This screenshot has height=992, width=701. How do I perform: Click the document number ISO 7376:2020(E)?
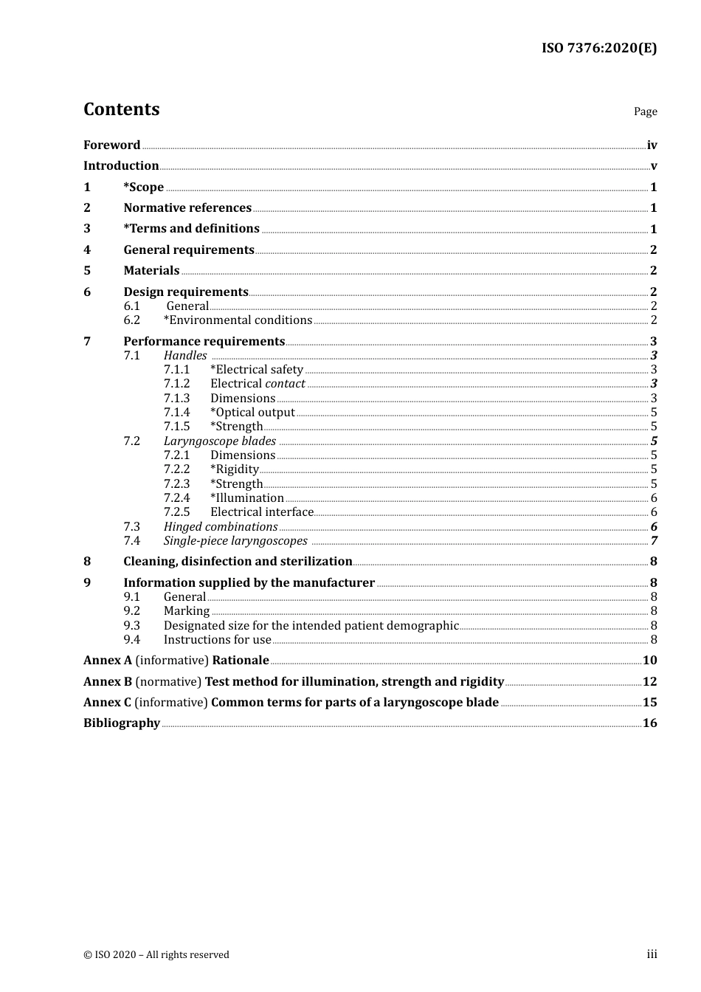coord(598,48)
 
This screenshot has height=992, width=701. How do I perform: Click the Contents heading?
coord(121,109)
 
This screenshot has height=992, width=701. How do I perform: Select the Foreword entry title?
coord(111,145)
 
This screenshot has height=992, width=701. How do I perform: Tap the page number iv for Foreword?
coord(652,145)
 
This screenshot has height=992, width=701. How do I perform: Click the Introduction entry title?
coord(121,166)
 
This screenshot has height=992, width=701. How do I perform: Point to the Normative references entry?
coord(187,208)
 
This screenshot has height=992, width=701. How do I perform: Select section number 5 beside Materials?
coord(87,271)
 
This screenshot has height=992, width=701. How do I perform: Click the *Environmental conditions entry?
coord(238,320)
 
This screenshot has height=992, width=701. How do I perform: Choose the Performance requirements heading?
coord(204,341)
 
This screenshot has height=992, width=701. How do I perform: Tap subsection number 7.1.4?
coord(176,413)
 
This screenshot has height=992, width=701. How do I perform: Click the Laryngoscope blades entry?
coord(220,441)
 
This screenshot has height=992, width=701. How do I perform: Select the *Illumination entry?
coord(246,498)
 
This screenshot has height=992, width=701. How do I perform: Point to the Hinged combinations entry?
coord(221,527)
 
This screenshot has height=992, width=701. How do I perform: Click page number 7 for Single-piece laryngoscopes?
coord(654,541)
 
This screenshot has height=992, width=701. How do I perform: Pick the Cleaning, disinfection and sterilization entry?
coord(238,562)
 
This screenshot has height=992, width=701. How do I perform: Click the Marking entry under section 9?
coord(187,611)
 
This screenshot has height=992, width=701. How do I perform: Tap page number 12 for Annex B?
coord(649,682)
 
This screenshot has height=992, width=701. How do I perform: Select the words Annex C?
coord(107,703)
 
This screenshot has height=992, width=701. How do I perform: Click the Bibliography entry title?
coord(122,723)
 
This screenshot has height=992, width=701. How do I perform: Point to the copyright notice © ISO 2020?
coord(156,955)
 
